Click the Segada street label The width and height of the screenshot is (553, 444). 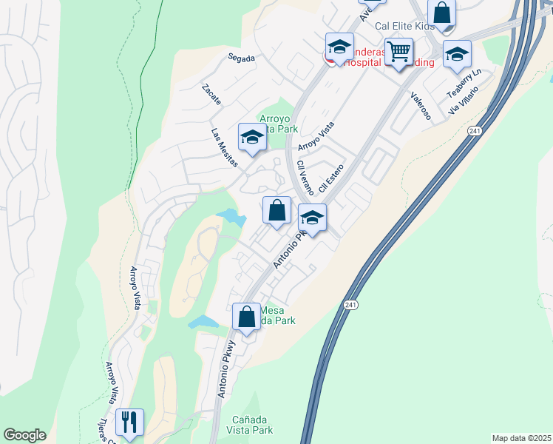tap(241, 57)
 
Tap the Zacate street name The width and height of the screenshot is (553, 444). tap(211, 94)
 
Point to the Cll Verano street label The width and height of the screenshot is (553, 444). tap(305, 178)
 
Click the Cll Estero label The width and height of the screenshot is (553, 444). tap(333, 178)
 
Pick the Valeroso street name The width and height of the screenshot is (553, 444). tap(421, 106)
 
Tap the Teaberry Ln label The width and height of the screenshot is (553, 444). tap(464, 83)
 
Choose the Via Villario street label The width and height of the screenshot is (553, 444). tap(464, 100)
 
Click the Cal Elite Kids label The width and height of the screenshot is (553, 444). tap(404, 26)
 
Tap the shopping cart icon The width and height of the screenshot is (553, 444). tap(398, 52)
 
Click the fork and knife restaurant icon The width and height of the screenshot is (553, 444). tap(129, 423)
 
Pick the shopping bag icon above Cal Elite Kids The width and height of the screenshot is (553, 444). tap(441, 13)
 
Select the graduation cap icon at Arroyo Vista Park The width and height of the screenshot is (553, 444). tap(252, 137)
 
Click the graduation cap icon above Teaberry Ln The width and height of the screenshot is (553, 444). tap(457, 53)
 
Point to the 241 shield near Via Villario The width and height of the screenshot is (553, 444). tap(474, 131)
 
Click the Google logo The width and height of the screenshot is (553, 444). tap(24, 435)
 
